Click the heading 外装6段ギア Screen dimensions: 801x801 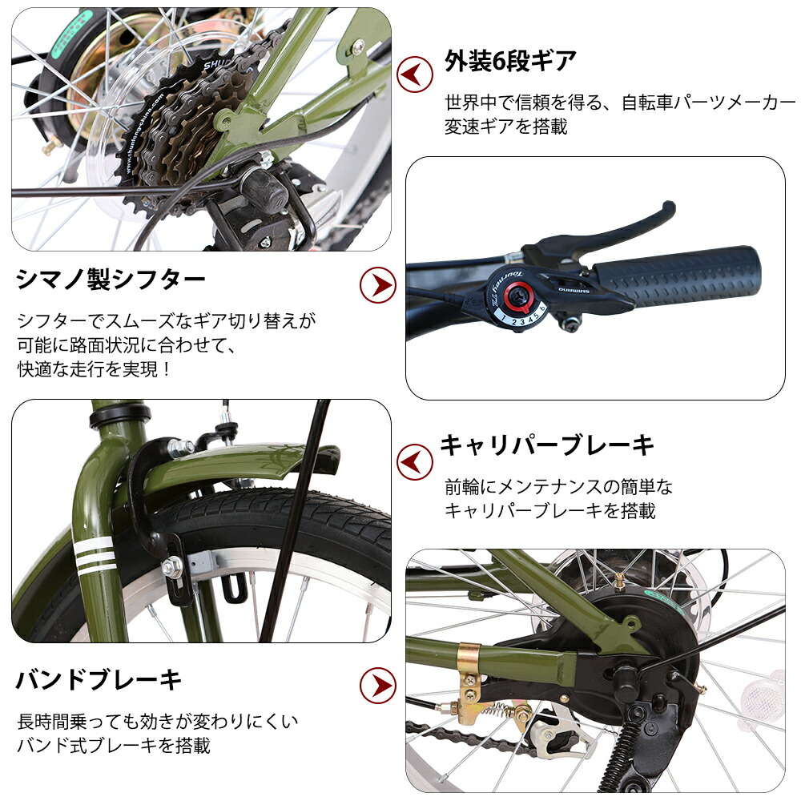(x=510, y=61)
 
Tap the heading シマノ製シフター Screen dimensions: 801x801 (x=111, y=280)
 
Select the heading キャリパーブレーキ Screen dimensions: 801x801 (x=547, y=445)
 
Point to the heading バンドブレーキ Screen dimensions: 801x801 (x=99, y=680)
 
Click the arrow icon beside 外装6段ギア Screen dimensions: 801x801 (x=415, y=74)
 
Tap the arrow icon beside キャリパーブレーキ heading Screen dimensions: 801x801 (x=415, y=461)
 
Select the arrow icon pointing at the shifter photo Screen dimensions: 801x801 (x=377, y=283)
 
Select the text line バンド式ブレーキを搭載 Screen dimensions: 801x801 (x=114, y=745)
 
